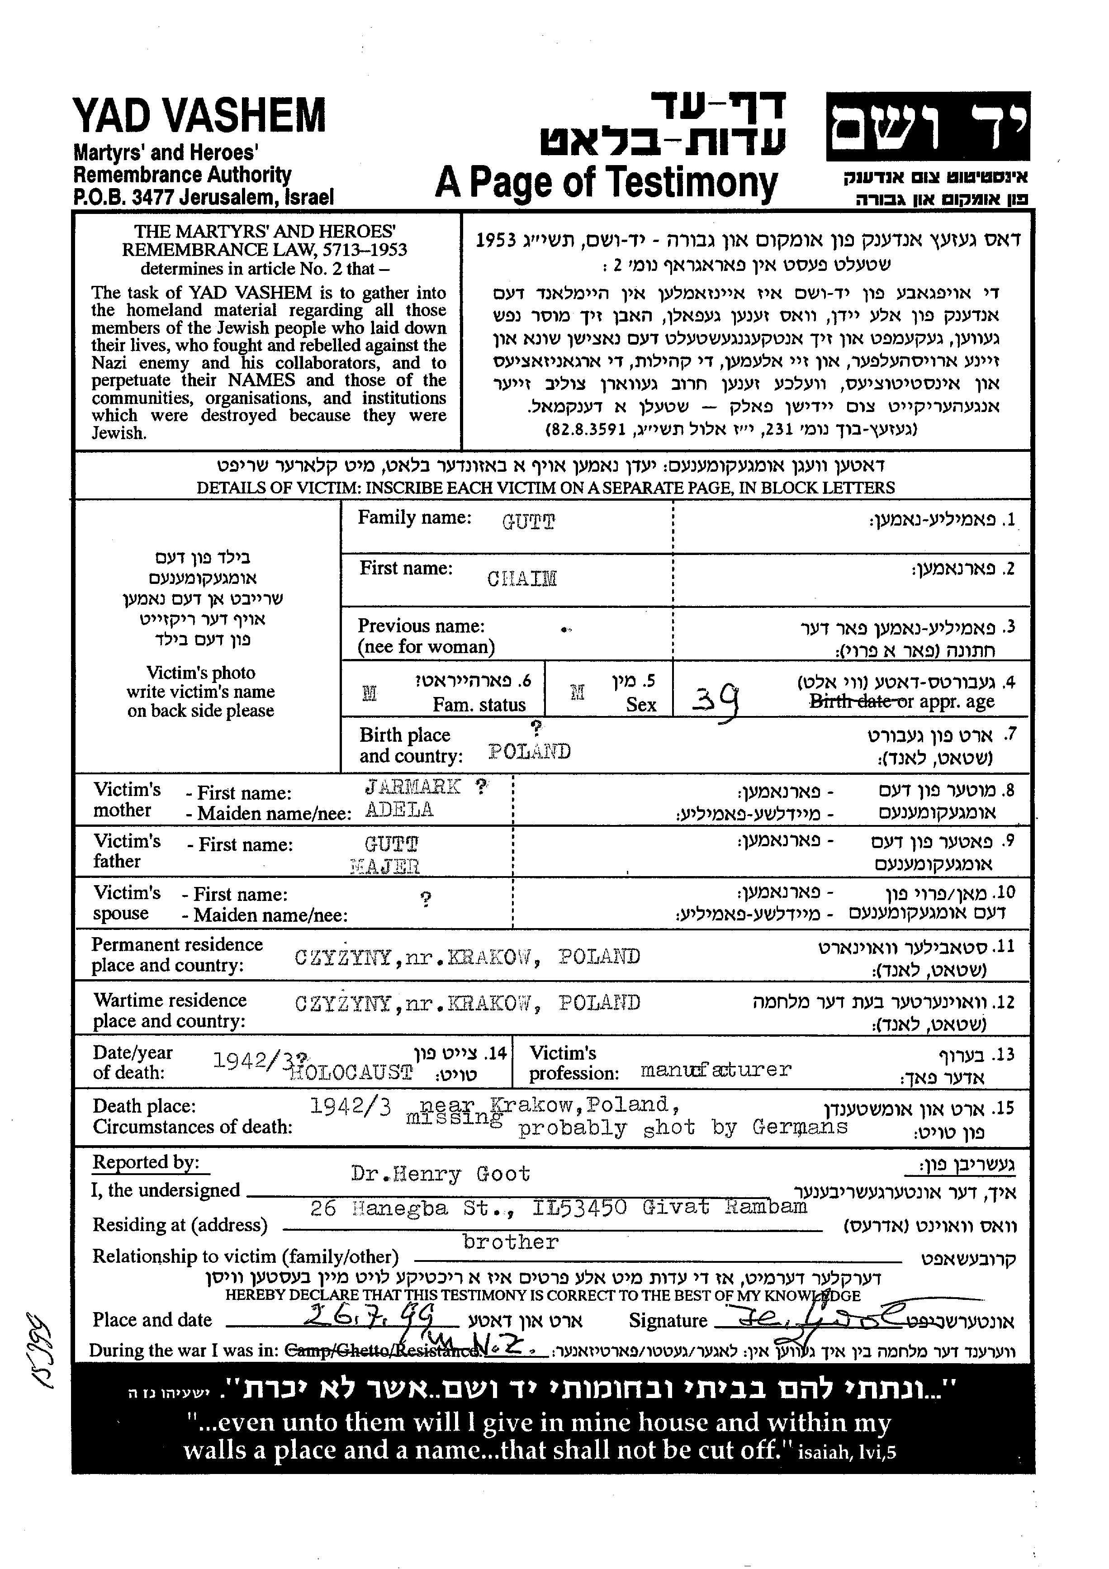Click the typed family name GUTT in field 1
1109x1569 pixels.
[x=528, y=522]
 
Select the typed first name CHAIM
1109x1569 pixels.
[x=522, y=579]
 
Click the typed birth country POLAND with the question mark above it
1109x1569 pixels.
[x=530, y=752]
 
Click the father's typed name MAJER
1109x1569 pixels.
[x=385, y=867]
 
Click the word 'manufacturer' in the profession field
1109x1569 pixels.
[x=716, y=1070]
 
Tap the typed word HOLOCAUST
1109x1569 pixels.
[x=351, y=1072]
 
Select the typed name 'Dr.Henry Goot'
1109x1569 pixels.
[x=440, y=1174]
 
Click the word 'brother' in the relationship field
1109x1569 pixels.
[x=511, y=1242]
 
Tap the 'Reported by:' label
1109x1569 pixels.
[x=146, y=1162]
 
